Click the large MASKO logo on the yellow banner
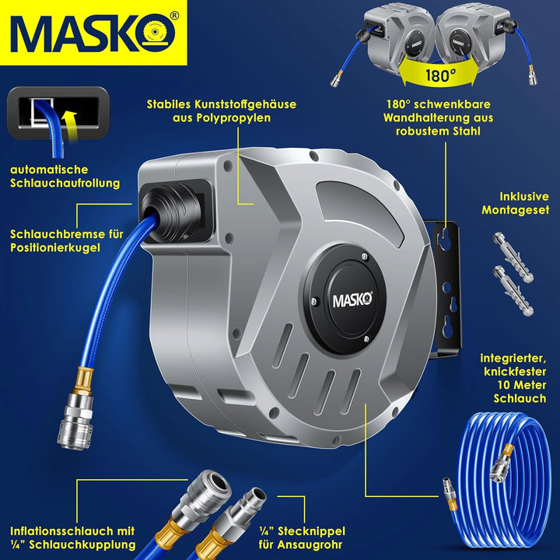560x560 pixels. [x=93, y=33]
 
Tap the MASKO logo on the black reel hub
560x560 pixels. [x=352, y=300]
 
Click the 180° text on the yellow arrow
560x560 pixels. [x=441, y=75]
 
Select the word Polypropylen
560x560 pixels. [x=222, y=118]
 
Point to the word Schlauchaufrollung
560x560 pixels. [x=65, y=183]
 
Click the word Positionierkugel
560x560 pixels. [x=55, y=247]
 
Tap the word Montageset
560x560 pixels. [x=516, y=210]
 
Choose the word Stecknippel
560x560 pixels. [x=311, y=531]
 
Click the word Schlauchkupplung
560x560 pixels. [x=82, y=544]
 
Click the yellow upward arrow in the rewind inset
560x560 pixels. [x=70, y=127]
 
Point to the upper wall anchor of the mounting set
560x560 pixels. [x=513, y=257]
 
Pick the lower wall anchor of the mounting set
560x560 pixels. [x=513, y=290]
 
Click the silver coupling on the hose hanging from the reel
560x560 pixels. [x=75, y=421]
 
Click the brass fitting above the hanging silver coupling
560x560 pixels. [x=86, y=380]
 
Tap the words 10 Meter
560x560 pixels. [x=522, y=385]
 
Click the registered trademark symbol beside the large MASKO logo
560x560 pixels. [x=174, y=16]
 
